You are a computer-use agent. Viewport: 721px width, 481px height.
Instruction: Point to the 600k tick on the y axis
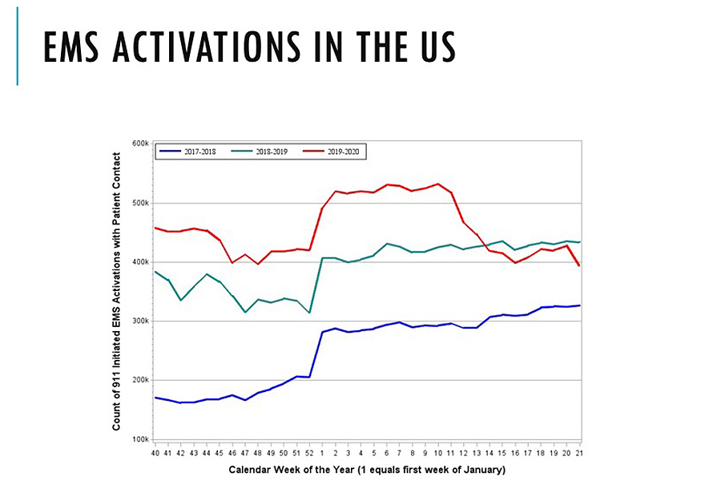(139, 143)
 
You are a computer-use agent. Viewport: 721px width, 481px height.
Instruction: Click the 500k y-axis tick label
(139, 203)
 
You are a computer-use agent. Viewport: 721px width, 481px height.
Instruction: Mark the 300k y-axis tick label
(139, 321)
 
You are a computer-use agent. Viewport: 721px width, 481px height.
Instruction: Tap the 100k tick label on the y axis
(139, 439)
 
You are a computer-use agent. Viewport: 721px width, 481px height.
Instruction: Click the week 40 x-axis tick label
(155, 453)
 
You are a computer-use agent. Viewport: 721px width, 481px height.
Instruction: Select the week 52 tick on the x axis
(309, 453)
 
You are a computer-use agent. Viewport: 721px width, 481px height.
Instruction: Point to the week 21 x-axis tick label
(578, 453)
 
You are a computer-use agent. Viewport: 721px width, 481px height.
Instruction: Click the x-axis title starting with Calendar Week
(367, 468)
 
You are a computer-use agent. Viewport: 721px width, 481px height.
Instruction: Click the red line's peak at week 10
(437, 184)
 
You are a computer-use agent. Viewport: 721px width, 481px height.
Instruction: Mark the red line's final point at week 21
(578, 265)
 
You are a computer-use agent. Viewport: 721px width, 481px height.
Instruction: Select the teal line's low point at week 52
(309, 313)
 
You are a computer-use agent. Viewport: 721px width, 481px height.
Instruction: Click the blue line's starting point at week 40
(155, 398)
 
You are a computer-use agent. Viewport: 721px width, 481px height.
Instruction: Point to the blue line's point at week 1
(322, 332)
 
